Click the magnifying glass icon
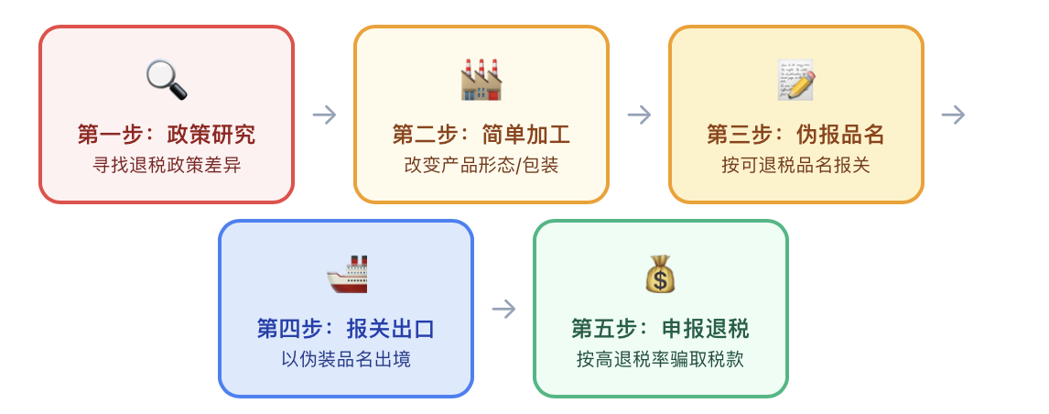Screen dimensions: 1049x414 pos(167,80)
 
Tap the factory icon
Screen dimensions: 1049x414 pos(481,80)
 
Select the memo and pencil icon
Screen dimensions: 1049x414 pos(796,80)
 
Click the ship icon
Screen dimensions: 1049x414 pos(347,274)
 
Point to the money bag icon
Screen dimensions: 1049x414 pos(661,274)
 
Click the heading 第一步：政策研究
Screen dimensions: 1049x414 pos(167,135)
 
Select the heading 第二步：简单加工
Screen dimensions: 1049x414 pos(481,135)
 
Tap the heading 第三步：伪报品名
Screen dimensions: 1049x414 pos(796,135)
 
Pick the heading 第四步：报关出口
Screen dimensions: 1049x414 pos(346,329)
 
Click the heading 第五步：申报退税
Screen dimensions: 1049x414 pos(660,329)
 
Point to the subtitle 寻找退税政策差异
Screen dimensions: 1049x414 pos(167,166)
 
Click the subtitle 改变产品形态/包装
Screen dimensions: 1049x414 pos(481,166)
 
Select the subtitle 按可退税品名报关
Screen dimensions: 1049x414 pos(796,166)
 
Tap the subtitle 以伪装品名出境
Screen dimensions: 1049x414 pos(346,360)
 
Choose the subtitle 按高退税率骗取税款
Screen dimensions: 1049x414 pos(660,360)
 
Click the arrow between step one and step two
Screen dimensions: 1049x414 pos(324,114)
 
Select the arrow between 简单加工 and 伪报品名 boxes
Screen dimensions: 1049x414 pos(639,114)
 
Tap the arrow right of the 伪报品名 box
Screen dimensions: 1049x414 pos(953,114)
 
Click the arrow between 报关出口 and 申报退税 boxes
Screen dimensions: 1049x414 pos(503,309)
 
